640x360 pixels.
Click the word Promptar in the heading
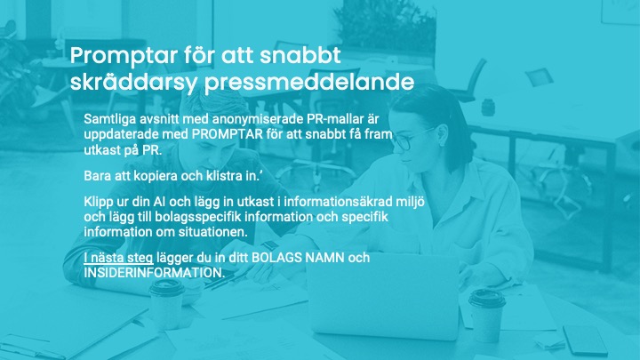pos(124,57)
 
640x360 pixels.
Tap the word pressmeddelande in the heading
pos(309,84)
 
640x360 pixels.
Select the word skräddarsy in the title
pos(134,83)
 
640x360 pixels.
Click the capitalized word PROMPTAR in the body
pos(228,134)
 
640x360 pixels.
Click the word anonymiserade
pos(257,120)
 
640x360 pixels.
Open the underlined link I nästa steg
pos(118,258)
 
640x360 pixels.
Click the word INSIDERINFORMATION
pos(154,273)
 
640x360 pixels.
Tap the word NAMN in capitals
pos(325,258)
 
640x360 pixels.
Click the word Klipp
pos(99,202)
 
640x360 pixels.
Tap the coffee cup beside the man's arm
pos(167,305)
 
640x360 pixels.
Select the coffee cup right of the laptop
pos(487,314)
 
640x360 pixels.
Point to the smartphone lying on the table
pos(585,340)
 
